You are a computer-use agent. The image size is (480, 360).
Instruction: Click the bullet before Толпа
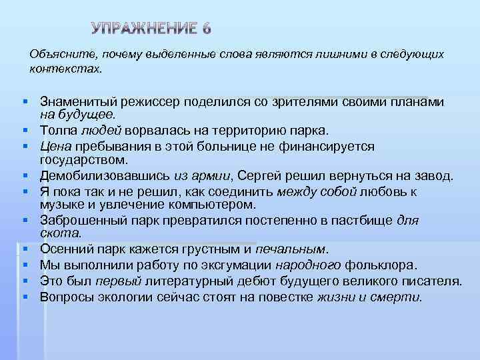click(x=23, y=130)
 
